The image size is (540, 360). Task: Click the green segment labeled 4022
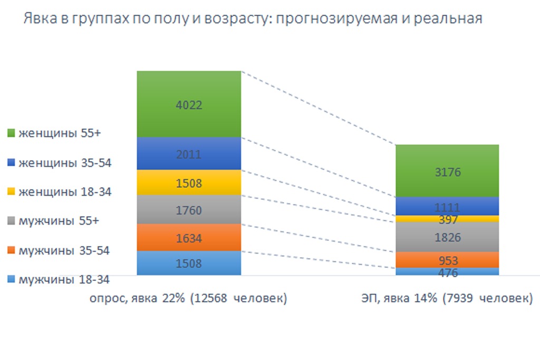[188, 104]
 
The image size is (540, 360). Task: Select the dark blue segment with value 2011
[188, 153]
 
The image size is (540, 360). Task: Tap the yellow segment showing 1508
[188, 182]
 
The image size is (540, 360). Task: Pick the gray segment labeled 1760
[188, 210]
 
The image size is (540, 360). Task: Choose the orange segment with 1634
[188, 237]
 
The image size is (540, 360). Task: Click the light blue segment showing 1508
[188, 262]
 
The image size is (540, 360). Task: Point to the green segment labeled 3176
[447, 171]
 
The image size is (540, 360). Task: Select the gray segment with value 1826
[447, 237]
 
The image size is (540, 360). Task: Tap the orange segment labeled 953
[447, 260]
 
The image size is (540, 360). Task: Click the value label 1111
[447, 208]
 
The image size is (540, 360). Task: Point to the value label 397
[447, 219]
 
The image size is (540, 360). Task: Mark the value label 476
[447, 273]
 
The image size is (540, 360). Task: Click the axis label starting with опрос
[188, 298]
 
